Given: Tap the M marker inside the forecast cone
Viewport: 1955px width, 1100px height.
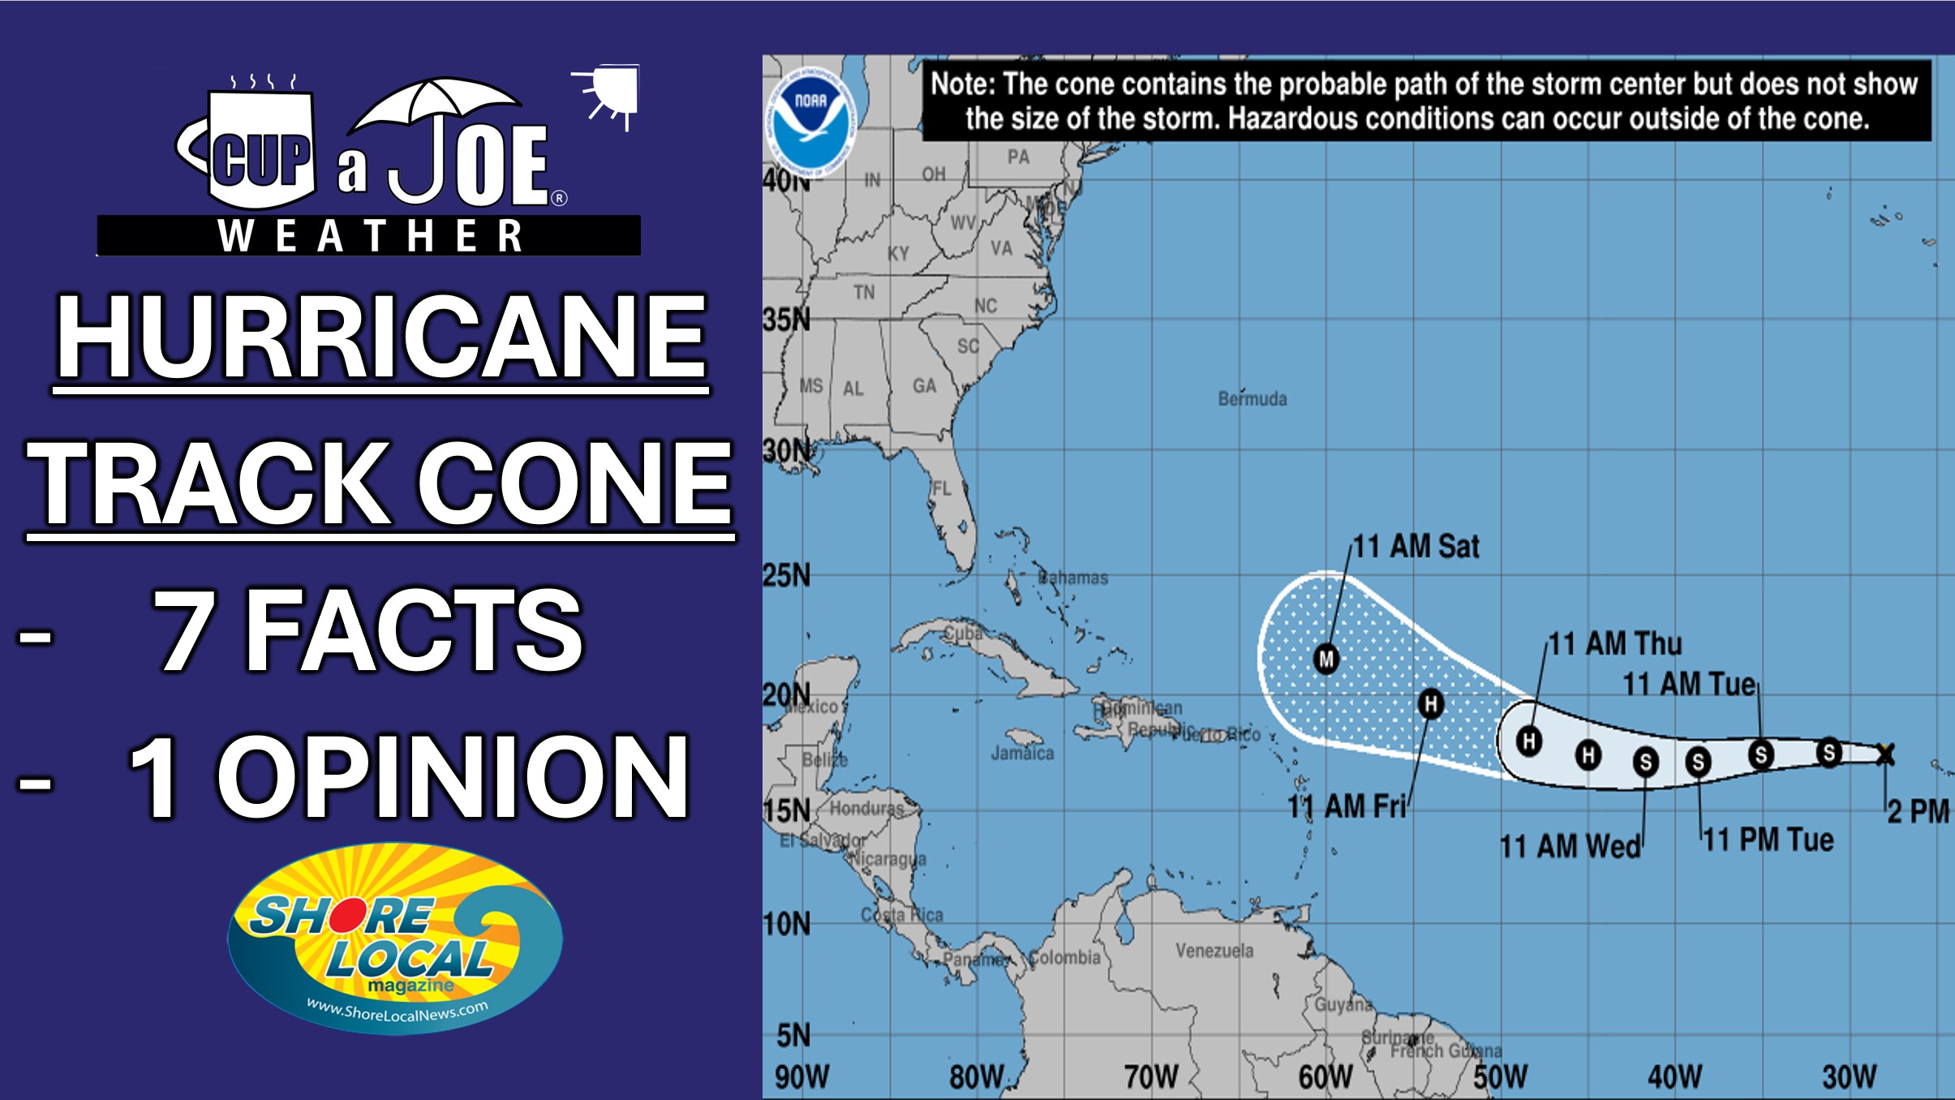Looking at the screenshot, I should (1326, 658).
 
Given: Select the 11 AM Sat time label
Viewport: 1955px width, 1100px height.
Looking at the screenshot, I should (1416, 547).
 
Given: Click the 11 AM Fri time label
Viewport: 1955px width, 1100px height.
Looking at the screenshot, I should (1347, 807).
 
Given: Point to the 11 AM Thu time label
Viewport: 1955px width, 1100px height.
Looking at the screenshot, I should (1615, 644).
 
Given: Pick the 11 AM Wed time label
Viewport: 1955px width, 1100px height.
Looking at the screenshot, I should (1570, 847).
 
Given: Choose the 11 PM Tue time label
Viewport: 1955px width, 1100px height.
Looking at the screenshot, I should (1768, 840).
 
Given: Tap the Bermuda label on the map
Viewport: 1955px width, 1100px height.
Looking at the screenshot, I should (1252, 399).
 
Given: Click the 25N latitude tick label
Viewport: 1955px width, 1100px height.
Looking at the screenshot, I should (786, 576).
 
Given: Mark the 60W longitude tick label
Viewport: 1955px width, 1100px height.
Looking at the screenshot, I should (1325, 1077).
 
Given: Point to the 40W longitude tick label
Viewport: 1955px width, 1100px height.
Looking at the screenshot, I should (1674, 1077).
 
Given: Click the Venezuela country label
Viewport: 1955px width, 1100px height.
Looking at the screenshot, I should (1214, 951).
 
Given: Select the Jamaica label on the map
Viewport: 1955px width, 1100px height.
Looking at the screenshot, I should (1022, 754).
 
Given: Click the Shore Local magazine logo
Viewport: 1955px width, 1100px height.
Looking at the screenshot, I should (395, 939).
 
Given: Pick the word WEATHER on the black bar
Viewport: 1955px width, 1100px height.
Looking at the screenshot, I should (370, 236).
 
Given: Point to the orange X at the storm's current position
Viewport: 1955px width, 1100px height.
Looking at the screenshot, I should (1885, 754).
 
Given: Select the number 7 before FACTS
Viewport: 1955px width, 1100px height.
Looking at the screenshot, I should (185, 629).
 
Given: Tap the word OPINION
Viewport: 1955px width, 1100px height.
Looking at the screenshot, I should (453, 776).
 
